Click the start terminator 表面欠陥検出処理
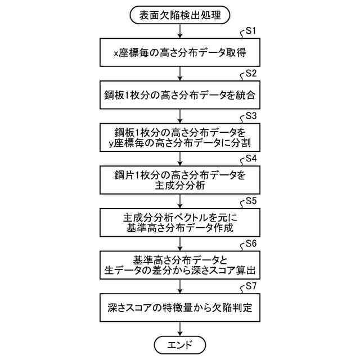coord(180,15)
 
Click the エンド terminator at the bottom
coord(180,344)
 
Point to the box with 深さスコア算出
coord(180,265)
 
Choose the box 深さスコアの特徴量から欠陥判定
coord(180,308)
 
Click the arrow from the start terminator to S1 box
coord(180,31)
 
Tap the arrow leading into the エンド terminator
coord(180,328)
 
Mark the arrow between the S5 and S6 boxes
coord(180,244)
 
